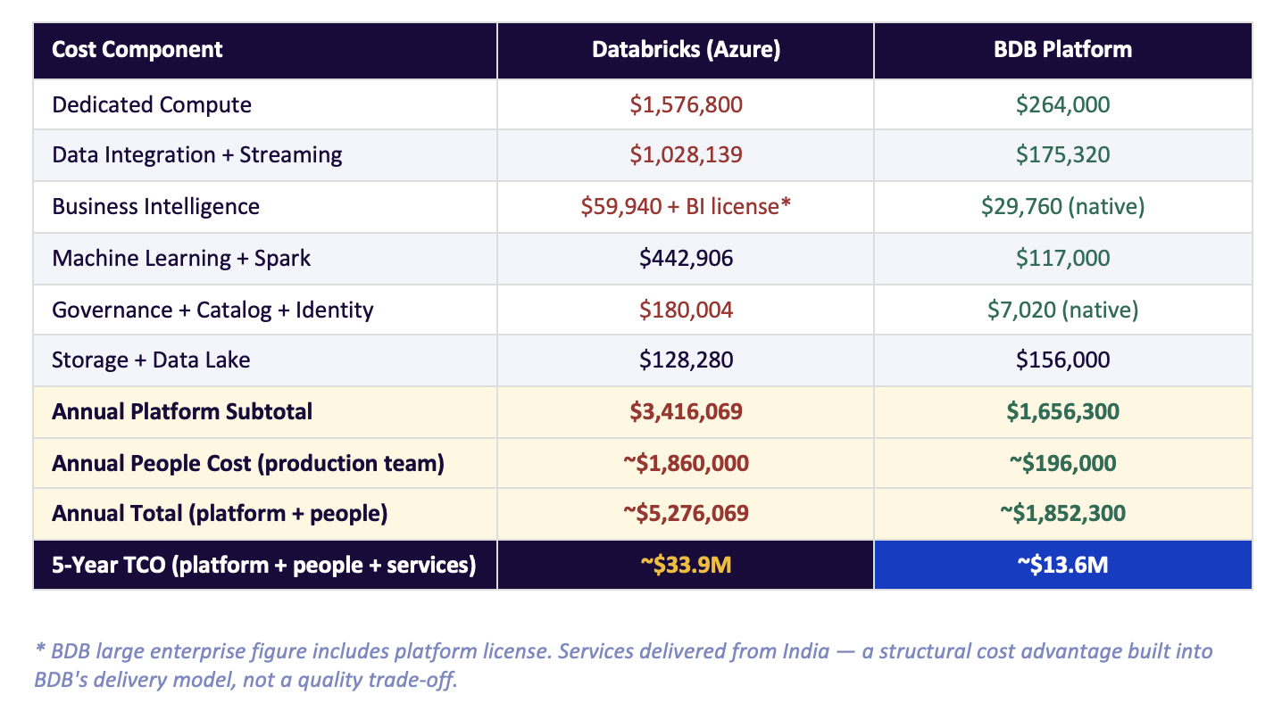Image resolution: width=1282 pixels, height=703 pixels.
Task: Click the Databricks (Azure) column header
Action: (x=686, y=49)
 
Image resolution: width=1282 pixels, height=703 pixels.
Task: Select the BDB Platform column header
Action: (x=1062, y=49)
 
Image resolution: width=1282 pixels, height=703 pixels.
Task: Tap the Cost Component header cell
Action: (x=137, y=49)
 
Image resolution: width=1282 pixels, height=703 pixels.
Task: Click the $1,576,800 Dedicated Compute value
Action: (x=686, y=104)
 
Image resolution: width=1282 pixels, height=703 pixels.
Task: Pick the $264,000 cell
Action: (x=1062, y=104)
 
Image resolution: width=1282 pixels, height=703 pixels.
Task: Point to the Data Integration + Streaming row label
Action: (x=196, y=154)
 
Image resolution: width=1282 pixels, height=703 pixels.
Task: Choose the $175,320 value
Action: (x=1062, y=154)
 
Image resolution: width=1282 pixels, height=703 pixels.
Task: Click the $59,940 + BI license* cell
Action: (x=686, y=206)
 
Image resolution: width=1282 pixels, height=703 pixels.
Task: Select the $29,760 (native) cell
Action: (x=1062, y=206)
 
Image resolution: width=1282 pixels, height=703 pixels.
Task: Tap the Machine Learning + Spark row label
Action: (x=181, y=258)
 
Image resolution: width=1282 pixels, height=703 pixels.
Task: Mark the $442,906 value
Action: (x=686, y=258)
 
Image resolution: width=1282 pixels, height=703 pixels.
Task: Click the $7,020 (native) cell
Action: (x=1062, y=310)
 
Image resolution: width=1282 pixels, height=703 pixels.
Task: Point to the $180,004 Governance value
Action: (x=686, y=310)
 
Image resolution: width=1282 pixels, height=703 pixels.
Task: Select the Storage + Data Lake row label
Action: (x=151, y=360)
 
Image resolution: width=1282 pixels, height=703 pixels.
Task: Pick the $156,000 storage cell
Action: (x=1062, y=360)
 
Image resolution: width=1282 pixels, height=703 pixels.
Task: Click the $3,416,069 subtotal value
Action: (x=686, y=411)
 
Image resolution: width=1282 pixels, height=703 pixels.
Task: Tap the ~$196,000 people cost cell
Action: (x=1062, y=463)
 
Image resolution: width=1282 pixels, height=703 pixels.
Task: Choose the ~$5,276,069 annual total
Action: (x=686, y=513)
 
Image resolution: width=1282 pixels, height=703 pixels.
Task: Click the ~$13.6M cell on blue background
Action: (x=1062, y=565)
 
